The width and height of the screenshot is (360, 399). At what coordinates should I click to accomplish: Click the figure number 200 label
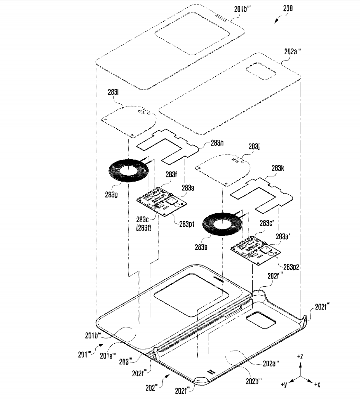pos(287,8)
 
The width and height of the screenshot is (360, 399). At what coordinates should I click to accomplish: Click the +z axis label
pos(300,357)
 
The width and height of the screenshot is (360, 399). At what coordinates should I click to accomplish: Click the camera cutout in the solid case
pos(261,323)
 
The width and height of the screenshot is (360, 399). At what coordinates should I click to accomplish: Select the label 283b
pos(201,247)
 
